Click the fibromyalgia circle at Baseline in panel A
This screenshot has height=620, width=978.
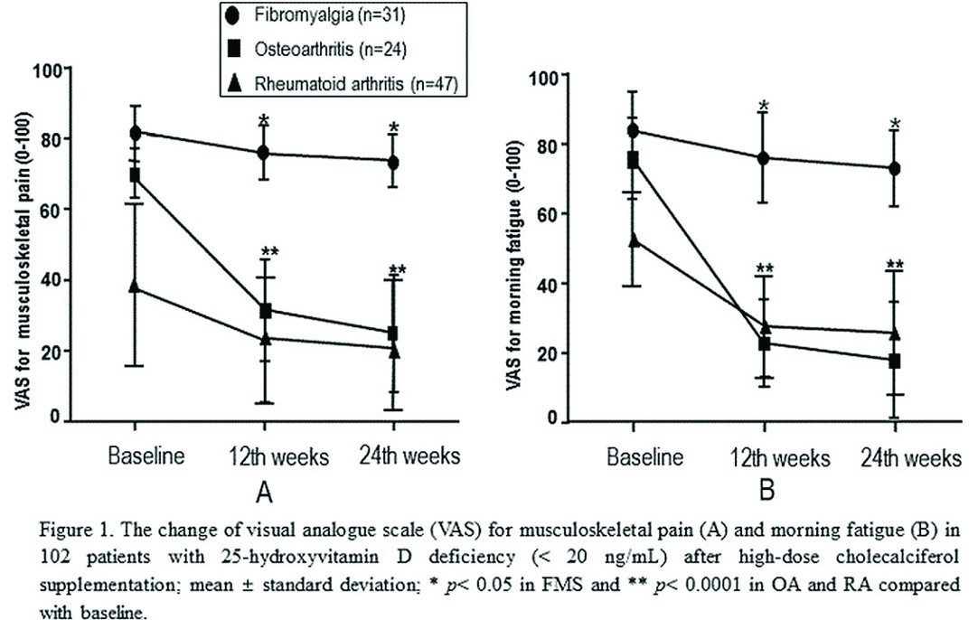pos(136,133)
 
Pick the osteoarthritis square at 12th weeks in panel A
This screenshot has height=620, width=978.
pos(266,311)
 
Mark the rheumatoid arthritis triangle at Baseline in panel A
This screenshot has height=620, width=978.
pos(136,287)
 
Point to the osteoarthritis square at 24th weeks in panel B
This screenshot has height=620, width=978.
pos(895,362)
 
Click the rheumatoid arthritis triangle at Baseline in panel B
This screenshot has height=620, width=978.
pos(634,240)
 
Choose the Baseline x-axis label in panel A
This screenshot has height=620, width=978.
pos(146,456)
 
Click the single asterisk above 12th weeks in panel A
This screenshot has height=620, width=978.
pos(263,122)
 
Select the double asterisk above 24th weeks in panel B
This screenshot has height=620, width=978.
pos(895,266)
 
